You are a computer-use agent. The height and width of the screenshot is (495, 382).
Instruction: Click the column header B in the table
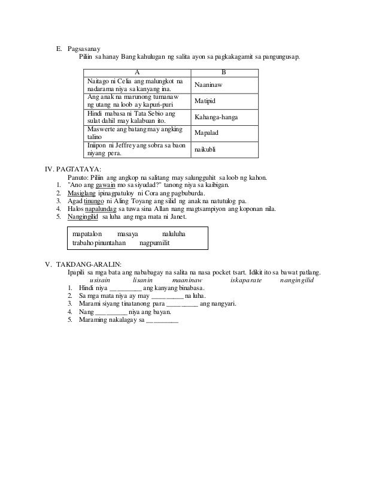(224, 73)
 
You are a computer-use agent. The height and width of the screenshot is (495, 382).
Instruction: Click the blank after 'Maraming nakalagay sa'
(162, 320)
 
